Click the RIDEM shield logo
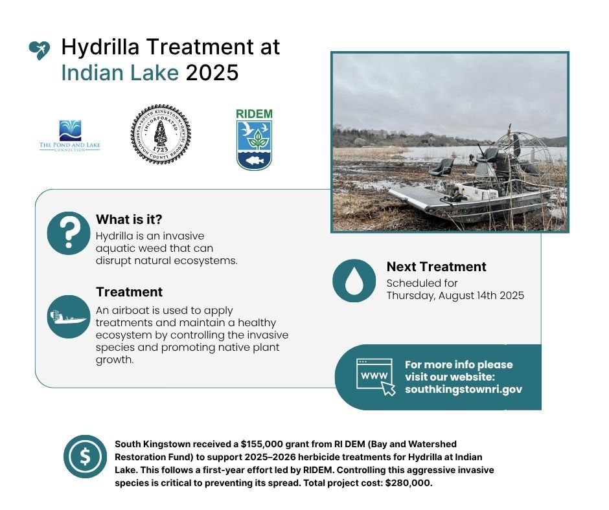tap(254, 140)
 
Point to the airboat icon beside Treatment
tap(68, 316)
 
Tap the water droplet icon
tap(354, 280)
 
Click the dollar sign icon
tap(85, 456)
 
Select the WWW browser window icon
tap(375, 377)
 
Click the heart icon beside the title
tap(40, 50)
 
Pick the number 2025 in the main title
tap(212, 72)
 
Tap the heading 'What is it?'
tap(129, 219)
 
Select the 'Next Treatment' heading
tap(436, 267)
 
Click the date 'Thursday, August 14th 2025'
tap(455, 296)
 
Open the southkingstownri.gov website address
tap(463, 390)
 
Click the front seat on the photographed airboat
tap(441, 168)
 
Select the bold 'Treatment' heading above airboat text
tap(129, 292)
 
